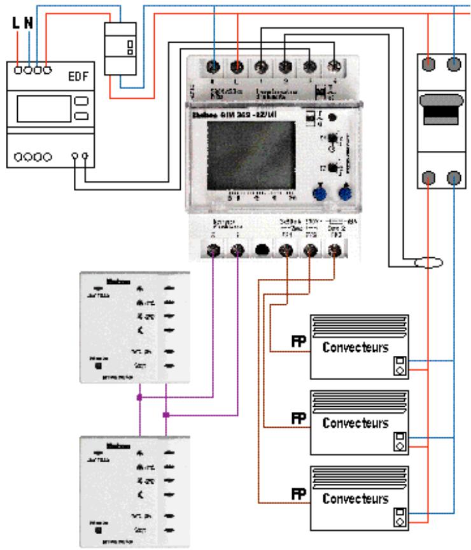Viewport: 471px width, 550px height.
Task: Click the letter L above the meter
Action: coord(16,24)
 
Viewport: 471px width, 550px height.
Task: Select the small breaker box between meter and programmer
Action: coord(120,48)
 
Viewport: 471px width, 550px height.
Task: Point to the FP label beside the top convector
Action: coord(298,344)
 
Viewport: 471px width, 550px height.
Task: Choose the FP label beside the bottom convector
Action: coord(298,494)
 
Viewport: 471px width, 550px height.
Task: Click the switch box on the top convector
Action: coord(400,367)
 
